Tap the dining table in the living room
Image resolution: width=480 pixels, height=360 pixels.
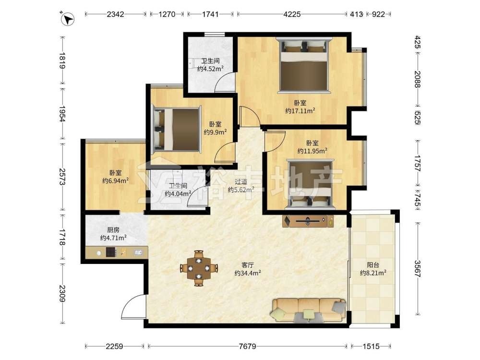point(199,268)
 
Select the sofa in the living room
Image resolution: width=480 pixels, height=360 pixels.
point(308,311)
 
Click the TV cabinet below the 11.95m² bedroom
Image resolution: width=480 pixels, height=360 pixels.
point(308,221)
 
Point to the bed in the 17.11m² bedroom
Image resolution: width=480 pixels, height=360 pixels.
point(304,65)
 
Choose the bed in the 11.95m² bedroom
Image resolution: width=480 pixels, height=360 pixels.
point(310,184)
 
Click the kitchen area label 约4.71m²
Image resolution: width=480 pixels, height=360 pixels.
point(113,238)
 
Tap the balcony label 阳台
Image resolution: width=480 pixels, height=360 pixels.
point(373,265)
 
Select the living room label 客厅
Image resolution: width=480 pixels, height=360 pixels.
point(248,265)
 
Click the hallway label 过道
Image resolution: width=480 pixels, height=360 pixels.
point(241,182)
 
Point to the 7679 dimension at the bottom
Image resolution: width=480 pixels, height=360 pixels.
point(247,346)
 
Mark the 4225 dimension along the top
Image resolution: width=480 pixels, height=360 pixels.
point(292,14)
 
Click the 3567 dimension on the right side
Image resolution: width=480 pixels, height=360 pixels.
point(418,268)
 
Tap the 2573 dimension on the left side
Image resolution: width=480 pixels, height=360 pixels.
point(62,177)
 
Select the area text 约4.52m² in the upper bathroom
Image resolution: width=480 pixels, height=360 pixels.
point(210,69)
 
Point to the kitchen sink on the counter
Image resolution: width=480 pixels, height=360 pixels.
point(138,252)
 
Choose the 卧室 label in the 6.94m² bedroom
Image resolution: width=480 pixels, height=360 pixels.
point(115,173)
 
